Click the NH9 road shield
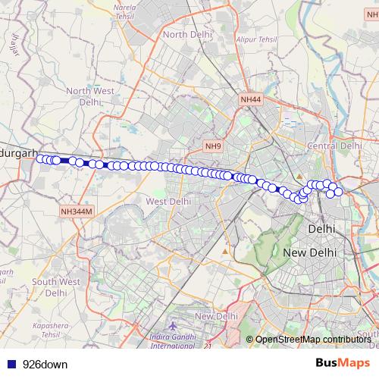(213, 146)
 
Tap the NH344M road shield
(76, 211)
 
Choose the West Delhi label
(168, 202)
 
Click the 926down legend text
(45, 365)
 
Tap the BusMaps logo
(343, 364)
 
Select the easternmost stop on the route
(338, 192)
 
